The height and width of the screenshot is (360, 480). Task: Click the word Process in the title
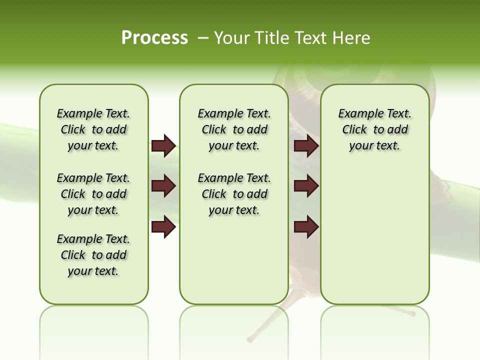point(154,38)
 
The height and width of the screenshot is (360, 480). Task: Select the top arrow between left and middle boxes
point(163,145)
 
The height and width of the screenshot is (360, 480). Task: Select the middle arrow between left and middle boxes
point(163,186)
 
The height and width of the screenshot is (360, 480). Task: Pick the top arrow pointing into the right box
point(306,145)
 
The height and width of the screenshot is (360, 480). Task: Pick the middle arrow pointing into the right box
point(306,186)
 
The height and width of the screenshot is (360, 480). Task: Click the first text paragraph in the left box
point(93,129)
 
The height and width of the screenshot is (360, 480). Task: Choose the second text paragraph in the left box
point(93,194)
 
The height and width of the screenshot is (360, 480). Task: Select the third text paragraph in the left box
point(93,255)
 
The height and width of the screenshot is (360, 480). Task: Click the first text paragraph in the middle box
point(234,129)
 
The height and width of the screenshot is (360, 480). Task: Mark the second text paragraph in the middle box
point(234,194)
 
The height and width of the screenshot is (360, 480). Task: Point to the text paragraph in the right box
point(375,129)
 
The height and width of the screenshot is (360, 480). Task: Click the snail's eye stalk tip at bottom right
point(412,314)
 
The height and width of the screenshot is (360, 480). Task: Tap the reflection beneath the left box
point(94,325)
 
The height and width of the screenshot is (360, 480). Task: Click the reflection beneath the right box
point(375,325)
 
